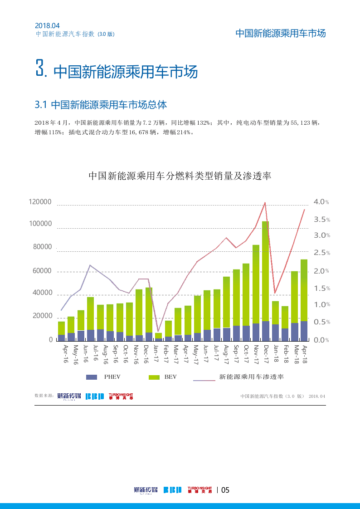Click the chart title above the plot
pos(180,176)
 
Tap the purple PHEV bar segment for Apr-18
pos(304,331)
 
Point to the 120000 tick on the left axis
pos(40,202)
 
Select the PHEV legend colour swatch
pos(92,377)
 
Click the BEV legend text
pos(170,377)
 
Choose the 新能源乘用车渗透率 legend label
pos(251,377)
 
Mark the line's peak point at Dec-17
pos(265,202)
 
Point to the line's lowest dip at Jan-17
pos(158,331)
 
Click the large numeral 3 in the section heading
pos(40,69)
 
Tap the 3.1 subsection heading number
pos(41,105)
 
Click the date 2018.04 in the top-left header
pos(47,26)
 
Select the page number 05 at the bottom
pos(225,490)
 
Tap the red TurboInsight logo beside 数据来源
pos(121,396)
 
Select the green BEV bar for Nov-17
pos(256,284)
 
